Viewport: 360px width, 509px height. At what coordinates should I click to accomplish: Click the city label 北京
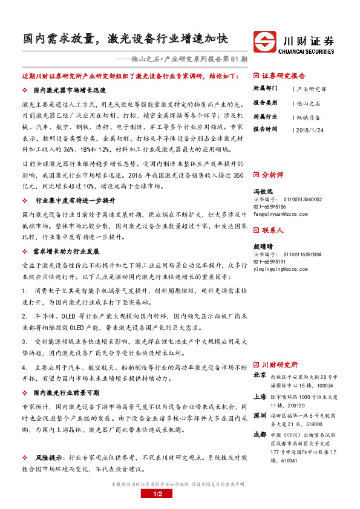click(x=260, y=375)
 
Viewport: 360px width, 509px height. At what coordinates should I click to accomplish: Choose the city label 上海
click(x=260, y=397)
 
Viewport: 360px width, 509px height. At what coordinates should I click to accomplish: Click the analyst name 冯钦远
click(x=261, y=191)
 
